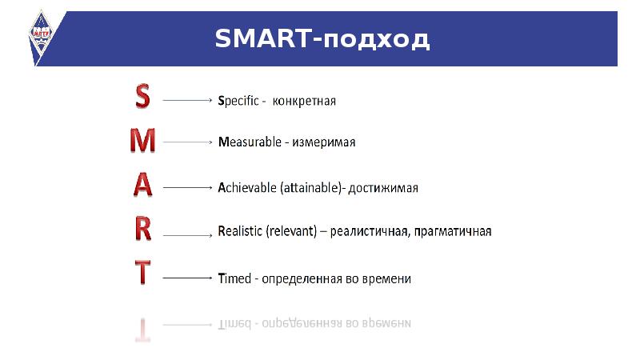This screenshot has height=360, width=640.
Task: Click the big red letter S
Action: click(x=142, y=96)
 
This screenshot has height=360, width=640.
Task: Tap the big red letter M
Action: click(x=142, y=141)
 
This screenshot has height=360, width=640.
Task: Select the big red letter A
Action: click(x=142, y=185)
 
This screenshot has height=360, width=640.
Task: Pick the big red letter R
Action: click(x=142, y=230)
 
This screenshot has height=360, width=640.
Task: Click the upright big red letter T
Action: click(x=142, y=274)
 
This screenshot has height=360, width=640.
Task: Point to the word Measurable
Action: click(x=250, y=142)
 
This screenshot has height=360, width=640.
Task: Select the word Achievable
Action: click(x=247, y=188)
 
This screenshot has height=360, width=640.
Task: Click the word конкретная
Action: click(x=304, y=102)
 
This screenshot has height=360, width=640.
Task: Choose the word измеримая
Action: click(x=322, y=142)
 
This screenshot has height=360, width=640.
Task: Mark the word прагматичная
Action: click(x=454, y=231)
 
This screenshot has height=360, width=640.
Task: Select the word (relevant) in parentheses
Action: click(x=295, y=231)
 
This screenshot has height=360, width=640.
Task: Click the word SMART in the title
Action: click(x=261, y=38)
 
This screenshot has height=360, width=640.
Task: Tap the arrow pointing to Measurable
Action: click(x=187, y=142)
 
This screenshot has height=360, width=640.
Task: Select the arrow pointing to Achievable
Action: click(x=187, y=188)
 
